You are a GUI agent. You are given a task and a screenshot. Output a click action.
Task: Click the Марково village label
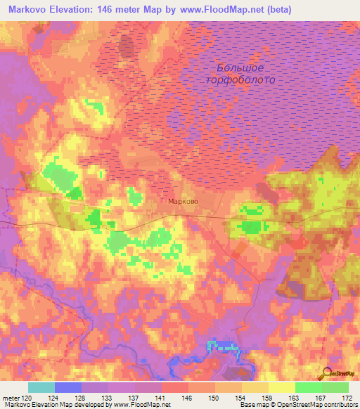tap(183, 202)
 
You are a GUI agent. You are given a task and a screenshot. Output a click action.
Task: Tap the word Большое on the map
tap(240, 68)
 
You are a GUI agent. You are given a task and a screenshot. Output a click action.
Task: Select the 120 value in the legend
tap(28, 397)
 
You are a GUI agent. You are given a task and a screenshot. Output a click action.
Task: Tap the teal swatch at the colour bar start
tap(41, 387)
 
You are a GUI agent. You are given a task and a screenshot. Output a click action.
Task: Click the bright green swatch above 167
tap(309, 387)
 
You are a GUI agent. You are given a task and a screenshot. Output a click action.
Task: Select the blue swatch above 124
tap(68, 387)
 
